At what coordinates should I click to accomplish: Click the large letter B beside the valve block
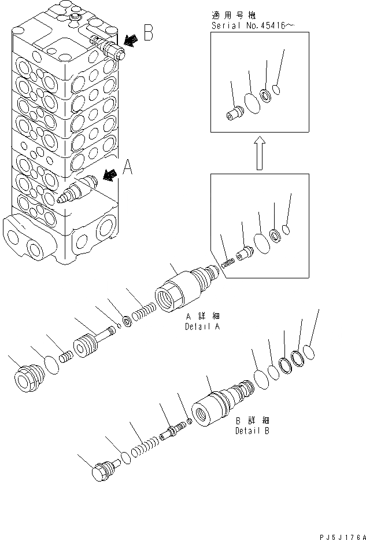click(x=148, y=34)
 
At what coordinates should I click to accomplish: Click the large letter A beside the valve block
click(x=128, y=168)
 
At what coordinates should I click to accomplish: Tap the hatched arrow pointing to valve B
click(x=131, y=39)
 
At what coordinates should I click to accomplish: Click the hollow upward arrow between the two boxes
click(x=259, y=153)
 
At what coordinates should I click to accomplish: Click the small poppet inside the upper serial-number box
click(x=234, y=112)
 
